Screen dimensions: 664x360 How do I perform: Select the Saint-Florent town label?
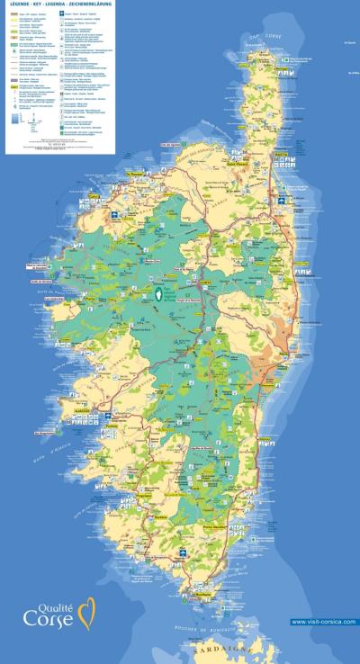click(236, 164)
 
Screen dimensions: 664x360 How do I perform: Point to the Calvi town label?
click(94, 195)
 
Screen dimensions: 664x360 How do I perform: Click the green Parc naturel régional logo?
click(161, 294)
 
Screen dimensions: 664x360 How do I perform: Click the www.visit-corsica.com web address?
click(323, 622)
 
